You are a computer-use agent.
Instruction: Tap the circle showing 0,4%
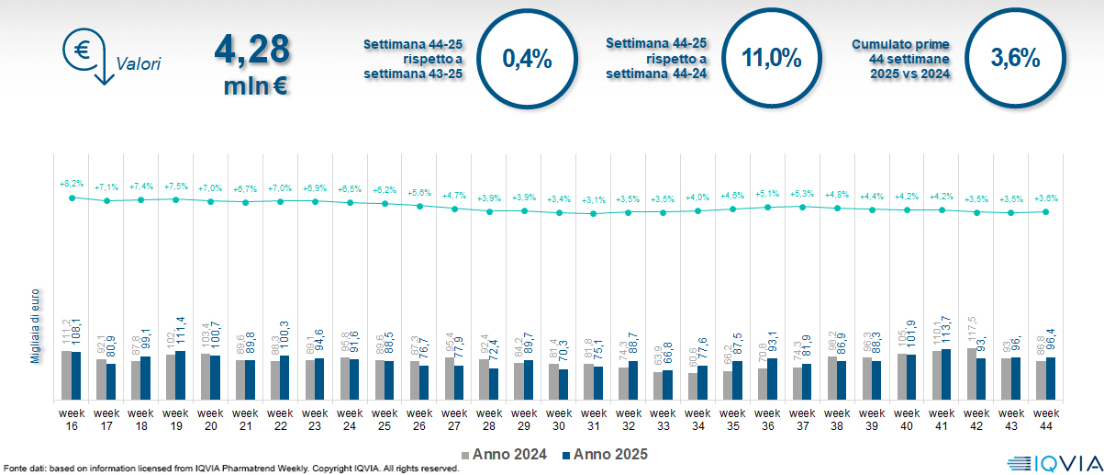[x=527, y=59]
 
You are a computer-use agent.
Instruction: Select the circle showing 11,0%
[x=771, y=58]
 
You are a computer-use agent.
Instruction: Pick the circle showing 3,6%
[x=1015, y=58]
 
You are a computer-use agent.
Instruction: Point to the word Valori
[x=139, y=65]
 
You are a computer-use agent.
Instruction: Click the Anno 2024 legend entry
[x=505, y=454]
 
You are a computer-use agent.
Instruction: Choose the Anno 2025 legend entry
[x=605, y=454]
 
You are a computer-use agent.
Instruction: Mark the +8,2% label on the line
[x=72, y=185]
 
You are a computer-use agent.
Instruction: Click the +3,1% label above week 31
[x=594, y=200]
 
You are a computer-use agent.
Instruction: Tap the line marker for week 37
[x=803, y=207]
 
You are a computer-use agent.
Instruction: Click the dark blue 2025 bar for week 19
[x=181, y=375]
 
